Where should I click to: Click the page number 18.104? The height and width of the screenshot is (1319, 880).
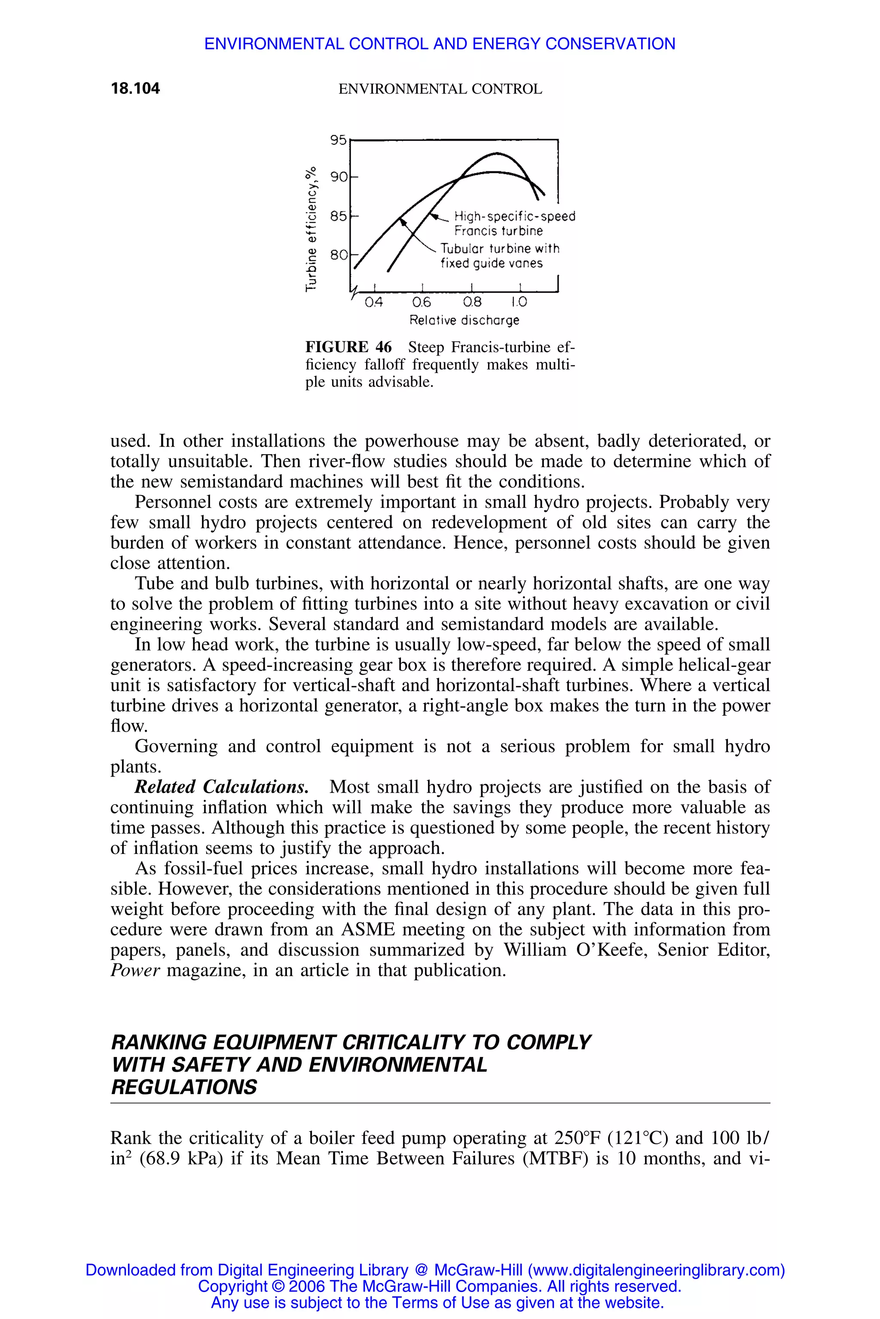(135, 88)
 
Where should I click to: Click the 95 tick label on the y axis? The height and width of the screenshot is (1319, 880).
(339, 140)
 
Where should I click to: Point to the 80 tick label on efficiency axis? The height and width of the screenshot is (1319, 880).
(339, 255)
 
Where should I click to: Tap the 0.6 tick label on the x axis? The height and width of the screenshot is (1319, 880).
(422, 302)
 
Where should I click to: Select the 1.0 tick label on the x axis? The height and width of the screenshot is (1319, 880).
(519, 302)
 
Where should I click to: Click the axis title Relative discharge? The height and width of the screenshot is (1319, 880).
(464, 320)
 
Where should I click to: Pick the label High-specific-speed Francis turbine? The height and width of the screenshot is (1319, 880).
(513, 223)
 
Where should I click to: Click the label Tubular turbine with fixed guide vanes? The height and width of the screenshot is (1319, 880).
(499, 256)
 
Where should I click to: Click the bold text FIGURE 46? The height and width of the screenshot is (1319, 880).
(348, 346)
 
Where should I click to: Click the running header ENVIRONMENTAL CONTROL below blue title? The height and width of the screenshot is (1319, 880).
(440, 89)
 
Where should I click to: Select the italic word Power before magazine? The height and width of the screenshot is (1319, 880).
(135, 970)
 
